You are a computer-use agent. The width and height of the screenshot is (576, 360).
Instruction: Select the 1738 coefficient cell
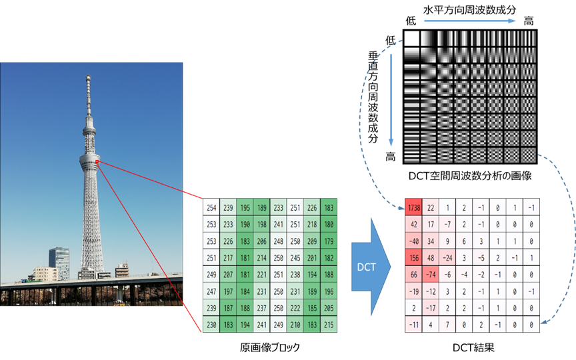(413, 208)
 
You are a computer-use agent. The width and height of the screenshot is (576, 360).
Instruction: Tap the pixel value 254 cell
(211, 208)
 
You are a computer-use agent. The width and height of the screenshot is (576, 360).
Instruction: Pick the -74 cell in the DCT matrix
(431, 274)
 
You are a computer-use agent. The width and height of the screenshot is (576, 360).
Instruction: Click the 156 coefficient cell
(413, 257)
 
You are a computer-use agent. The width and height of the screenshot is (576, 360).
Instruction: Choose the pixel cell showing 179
(328, 241)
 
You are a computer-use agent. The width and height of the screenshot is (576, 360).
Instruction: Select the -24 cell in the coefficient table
(448, 257)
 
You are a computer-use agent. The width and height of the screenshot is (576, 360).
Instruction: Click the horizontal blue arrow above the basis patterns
(469, 21)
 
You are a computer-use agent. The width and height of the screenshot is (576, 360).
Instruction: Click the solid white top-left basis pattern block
(411, 38)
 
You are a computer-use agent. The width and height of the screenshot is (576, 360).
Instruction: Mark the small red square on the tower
(97, 161)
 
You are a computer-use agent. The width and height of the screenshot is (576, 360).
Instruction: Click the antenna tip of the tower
(88, 77)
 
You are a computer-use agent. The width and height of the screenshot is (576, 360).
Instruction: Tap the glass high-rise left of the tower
(59, 263)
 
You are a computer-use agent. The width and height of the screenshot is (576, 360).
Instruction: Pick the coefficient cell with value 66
(413, 274)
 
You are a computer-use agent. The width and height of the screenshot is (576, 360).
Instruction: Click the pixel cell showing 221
(261, 274)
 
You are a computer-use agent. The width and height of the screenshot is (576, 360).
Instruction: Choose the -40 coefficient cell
(413, 241)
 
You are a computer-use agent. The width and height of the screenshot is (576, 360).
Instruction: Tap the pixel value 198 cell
(261, 225)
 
